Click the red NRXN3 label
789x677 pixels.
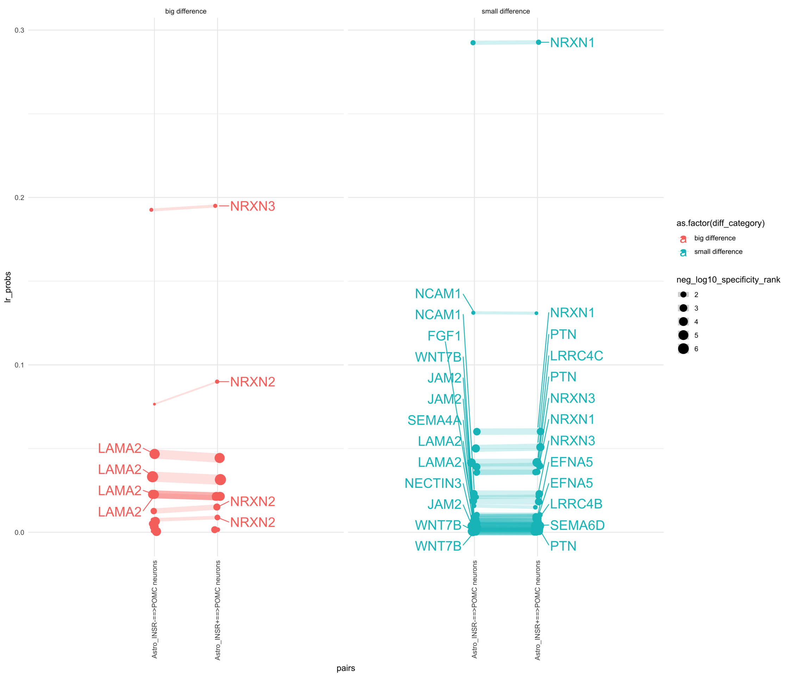coord(253,206)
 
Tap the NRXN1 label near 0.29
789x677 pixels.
coord(572,43)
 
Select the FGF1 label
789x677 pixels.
coord(444,336)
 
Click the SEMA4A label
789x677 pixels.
coord(434,420)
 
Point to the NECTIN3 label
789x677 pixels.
coord(433,483)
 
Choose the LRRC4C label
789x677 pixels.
coord(576,356)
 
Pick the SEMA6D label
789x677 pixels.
coord(577,525)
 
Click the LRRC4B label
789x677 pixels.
coord(576,504)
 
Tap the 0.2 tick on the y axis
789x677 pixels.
coord(19,197)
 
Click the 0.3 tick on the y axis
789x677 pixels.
coord(19,30)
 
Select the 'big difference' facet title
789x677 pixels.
coord(185,11)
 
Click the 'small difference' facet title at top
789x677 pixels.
coord(505,11)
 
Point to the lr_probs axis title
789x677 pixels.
coord(8,287)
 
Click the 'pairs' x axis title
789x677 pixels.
coord(346,668)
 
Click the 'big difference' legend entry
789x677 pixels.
coord(714,238)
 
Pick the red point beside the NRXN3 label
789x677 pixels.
coord(215,206)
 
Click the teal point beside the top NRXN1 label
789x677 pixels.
coord(539,42)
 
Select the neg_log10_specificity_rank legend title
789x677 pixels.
coord(728,280)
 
